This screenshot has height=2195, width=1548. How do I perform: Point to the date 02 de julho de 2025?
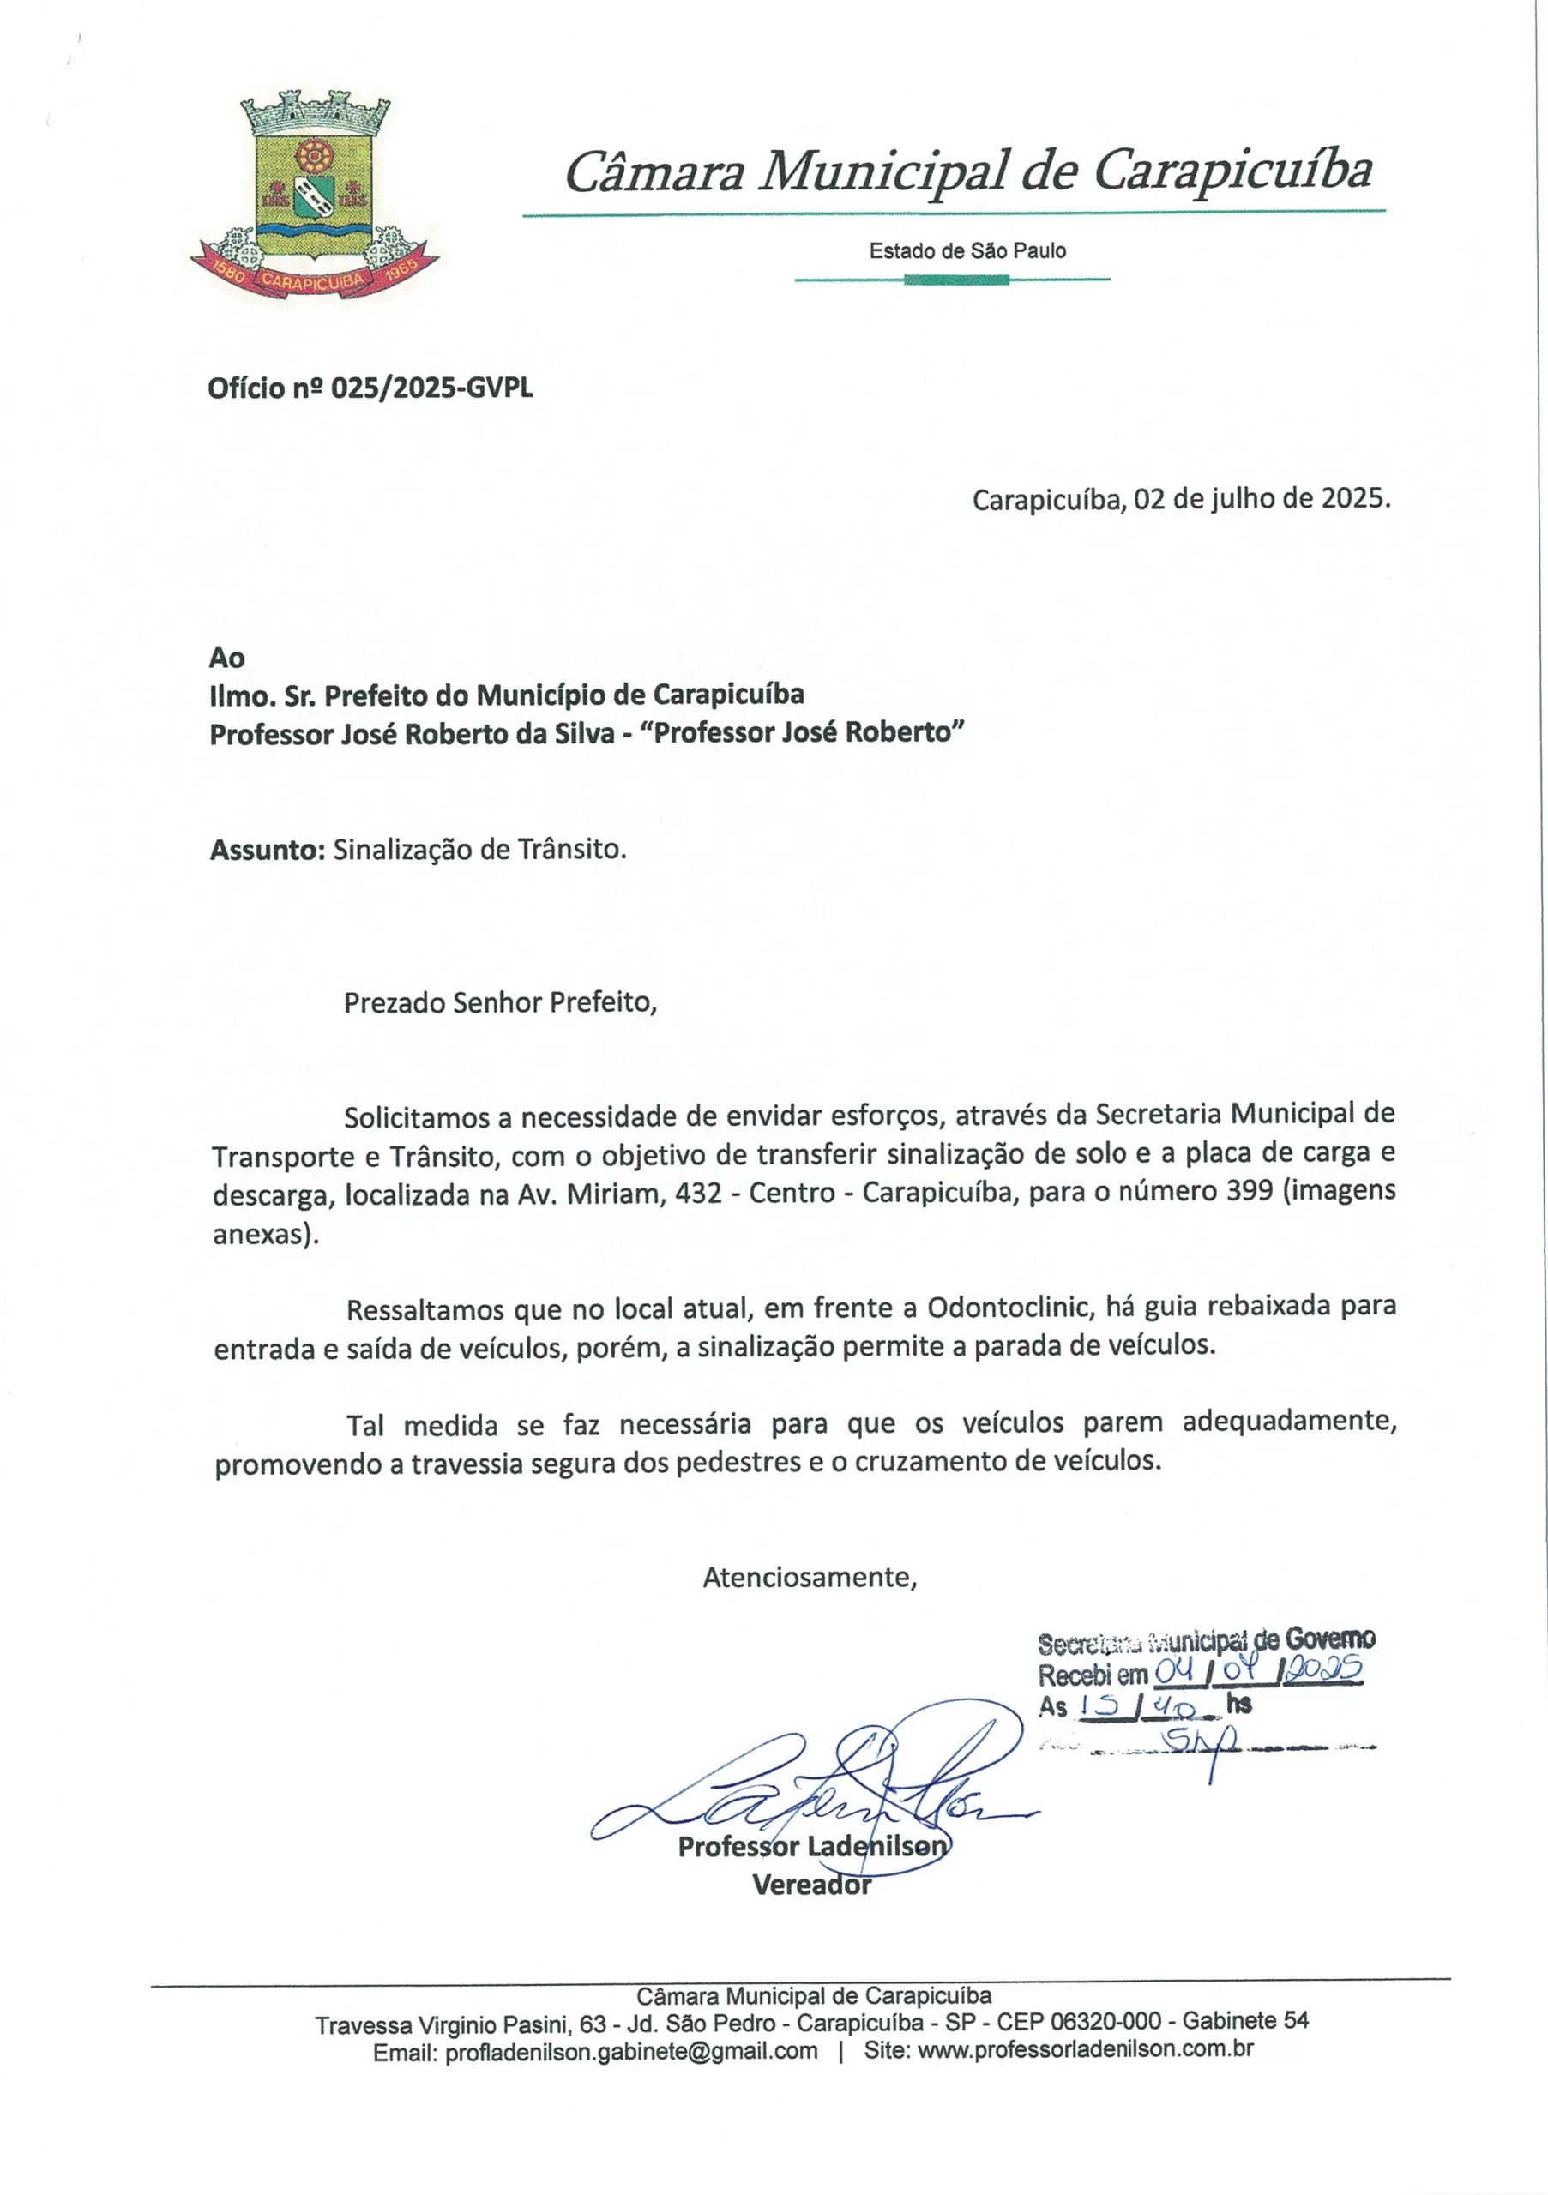click(x=1262, y=498)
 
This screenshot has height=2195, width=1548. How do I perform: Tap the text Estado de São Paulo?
click(x=967, y=251)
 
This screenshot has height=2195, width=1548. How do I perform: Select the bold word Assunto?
click(x=268, y=850)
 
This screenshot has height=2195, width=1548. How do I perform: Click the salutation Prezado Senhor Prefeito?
click(x=500, y=1003)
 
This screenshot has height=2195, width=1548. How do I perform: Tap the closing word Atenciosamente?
click(x=809, y=1578)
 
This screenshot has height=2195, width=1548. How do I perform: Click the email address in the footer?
click(x=631, y=2051)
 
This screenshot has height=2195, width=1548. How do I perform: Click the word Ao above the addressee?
click(x=226, y=658)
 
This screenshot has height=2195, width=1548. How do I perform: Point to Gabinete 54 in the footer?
click(x=1245, y=2020)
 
